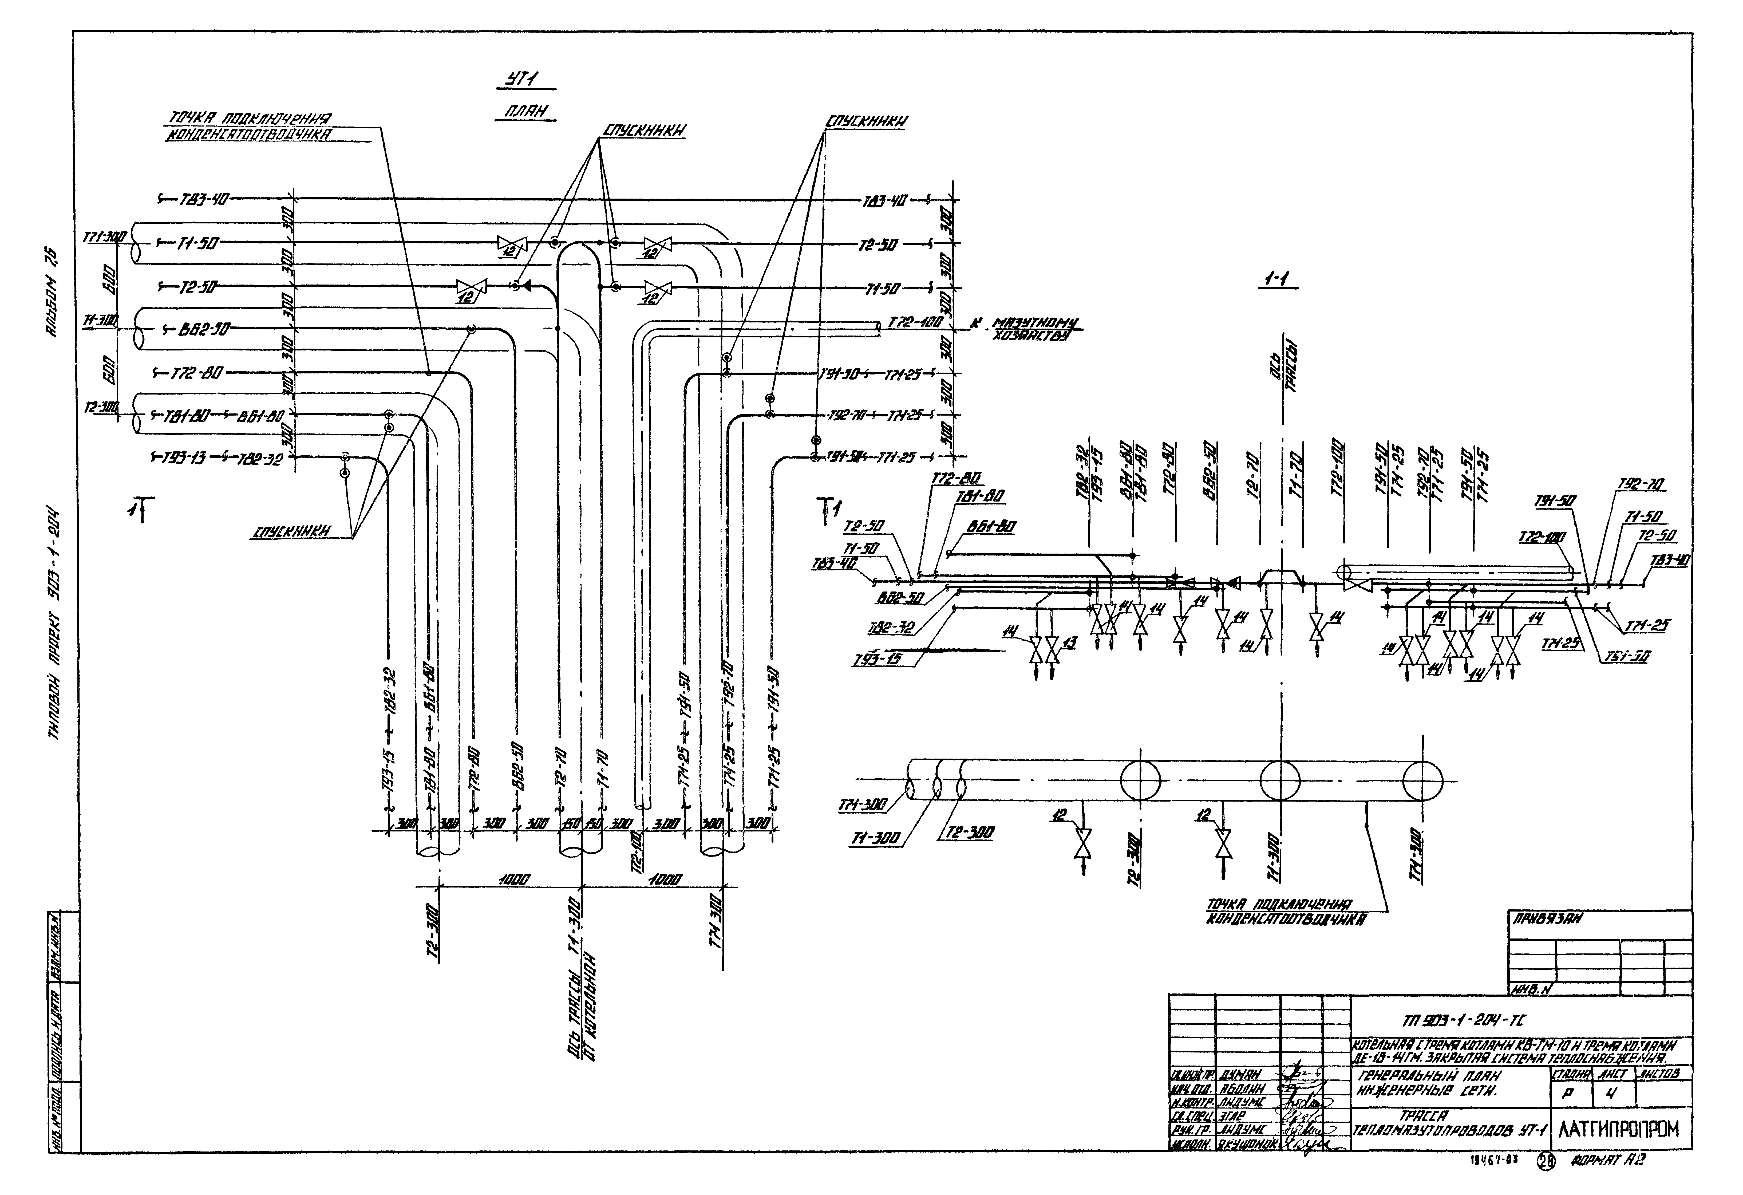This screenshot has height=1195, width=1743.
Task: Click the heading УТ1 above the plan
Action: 522,80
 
